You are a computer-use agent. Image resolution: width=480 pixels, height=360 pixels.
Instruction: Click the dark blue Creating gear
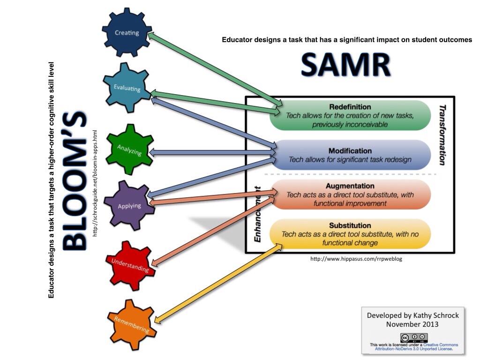coord(127,33)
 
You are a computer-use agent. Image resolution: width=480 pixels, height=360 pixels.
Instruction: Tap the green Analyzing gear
coord(129,149)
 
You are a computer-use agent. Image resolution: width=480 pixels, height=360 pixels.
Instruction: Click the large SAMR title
coord(345,65)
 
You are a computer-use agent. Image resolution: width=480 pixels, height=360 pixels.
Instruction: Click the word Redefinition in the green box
coord(350,107)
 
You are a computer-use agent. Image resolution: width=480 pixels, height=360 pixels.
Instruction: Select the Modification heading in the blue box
coord(350,151)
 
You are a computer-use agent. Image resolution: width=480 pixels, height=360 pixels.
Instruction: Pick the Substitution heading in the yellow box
coord(350,225)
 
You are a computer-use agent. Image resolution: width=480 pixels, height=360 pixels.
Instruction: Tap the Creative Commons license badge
coord(414,337)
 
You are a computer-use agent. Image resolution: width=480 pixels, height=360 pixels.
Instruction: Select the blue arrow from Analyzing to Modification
coord(213,152)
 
